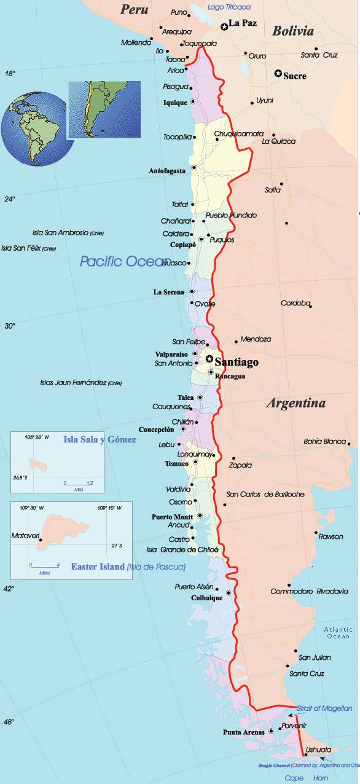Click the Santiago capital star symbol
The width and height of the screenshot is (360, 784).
coord(209,359)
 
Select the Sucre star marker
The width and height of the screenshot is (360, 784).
coord(278,74)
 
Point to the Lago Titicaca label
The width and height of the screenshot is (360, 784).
coord(229,7)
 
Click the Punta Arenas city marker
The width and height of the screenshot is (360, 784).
coord(270,731)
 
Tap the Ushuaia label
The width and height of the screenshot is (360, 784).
coord(318,750)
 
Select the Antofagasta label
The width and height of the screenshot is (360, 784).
coord(166,171)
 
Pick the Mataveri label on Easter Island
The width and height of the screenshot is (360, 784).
coord(25,536)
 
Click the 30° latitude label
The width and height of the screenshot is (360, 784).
coord(10,326)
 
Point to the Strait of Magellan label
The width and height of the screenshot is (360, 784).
coord(324,708)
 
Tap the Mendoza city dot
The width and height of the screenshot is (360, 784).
coord(237,342)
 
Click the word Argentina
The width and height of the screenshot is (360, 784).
coord(295,404)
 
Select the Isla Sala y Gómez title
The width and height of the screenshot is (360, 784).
coord(100,439)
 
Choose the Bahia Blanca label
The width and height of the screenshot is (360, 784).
coord(325,441)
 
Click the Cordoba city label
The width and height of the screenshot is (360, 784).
coord(296,303)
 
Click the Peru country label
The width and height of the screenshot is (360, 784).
coord(135,9)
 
